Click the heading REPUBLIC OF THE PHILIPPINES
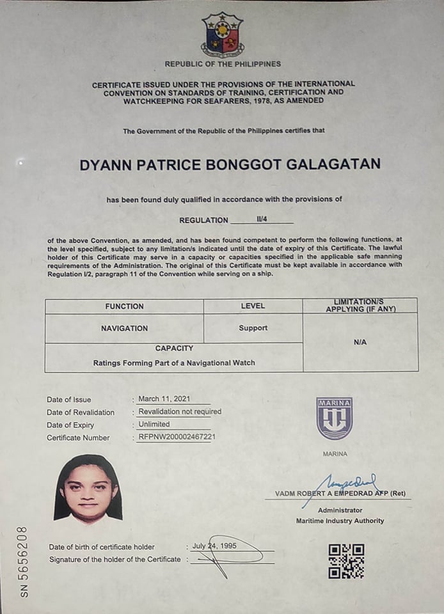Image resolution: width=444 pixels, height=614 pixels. pyautogui.click(x=222, y=64)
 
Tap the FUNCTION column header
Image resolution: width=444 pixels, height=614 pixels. pyautogui.click(x=125, y=306)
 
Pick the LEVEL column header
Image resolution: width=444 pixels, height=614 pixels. pyautogui.click(x=253, y=306)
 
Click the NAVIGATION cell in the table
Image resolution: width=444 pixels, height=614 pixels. pyautogui.click(x=124, y=328)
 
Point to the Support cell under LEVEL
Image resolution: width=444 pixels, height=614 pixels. pyautogui.click(x=253, y=328)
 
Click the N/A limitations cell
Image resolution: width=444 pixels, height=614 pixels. pyautogui.click(x=360, y=342)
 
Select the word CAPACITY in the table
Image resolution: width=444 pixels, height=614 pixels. pyautogui.click(x=174, y=348)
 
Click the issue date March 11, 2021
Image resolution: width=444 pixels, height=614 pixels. pyautogui.click(x=164, y=399)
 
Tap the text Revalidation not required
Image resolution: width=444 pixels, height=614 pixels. pyautogui.click(x=180, y=412)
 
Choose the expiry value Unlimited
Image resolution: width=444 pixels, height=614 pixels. pyautogui.click(x=154, y=424)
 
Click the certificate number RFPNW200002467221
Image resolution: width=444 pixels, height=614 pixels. pyautogui.click(x=177, y=437)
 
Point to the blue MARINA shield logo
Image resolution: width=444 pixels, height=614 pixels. pyautogui.click(x=334, y=419)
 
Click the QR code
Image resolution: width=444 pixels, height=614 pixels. pyautogui.click(x=346, y=561)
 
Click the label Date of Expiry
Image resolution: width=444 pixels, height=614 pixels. pyautogui.click(x=70, y=425)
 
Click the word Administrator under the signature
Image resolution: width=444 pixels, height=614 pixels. pyautogui.click(x=340, y=510)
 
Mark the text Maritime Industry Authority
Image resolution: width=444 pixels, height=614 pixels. pyautogui.click(x=340, y=521)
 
